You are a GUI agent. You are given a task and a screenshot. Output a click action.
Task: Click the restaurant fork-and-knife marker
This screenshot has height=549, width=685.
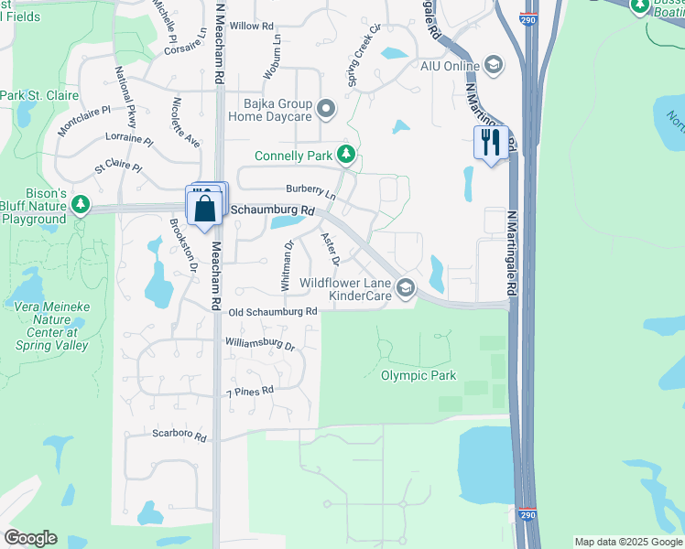491,142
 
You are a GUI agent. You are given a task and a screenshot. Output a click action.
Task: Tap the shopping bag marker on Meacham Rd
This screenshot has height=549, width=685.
204,208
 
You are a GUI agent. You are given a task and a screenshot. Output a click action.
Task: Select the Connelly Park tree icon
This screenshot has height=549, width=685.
345,156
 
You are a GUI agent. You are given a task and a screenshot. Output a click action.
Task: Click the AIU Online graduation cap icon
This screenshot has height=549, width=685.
494,65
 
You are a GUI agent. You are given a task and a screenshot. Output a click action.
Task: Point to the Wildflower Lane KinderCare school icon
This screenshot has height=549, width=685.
405,290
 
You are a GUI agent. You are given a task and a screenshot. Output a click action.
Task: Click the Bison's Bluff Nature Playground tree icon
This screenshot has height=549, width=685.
82,203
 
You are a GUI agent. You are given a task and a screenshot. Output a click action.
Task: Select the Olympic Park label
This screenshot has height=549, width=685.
419,375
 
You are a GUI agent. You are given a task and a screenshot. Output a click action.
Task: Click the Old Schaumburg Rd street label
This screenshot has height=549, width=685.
273,312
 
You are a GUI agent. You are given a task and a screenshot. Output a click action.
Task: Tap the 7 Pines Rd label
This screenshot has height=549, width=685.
251,392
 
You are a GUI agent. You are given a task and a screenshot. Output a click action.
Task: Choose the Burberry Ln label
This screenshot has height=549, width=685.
310,191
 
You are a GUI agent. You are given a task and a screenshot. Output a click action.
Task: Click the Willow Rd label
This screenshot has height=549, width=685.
252,27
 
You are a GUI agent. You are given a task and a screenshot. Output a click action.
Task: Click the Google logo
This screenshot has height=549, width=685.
30,538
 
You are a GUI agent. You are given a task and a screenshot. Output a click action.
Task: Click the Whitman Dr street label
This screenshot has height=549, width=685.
287,266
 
